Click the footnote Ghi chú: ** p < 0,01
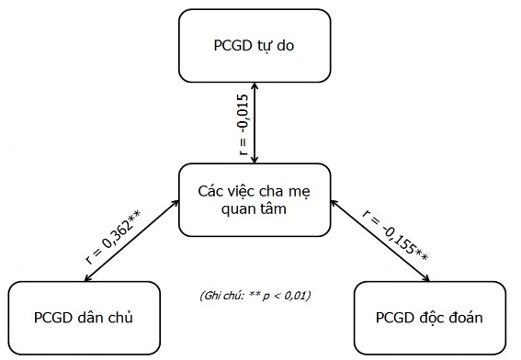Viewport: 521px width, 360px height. coord(255,295)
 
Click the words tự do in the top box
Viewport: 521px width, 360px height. coord(285,44)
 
